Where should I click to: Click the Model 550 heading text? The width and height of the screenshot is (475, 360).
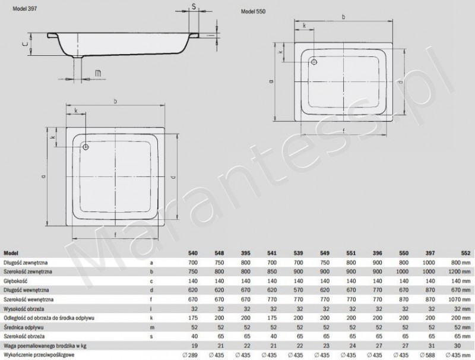(x=253, y=12)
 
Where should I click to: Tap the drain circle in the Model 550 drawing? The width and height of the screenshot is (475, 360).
(x=315, y=61)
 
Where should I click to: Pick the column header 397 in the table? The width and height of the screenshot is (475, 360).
(x=427, y=252)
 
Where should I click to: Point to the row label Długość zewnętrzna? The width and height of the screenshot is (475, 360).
(x=27, y=261)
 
